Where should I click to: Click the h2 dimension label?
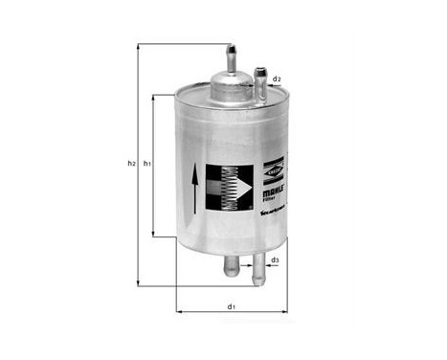click(x=131, y=164)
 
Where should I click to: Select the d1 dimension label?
click(x=231, y=306)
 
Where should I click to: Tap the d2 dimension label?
click(x=277, y=79)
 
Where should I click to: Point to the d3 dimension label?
click(x=274, y=259)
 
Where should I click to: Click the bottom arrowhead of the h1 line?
click(x=154, y=235)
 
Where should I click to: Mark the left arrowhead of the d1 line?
click(x=179, y=312)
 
